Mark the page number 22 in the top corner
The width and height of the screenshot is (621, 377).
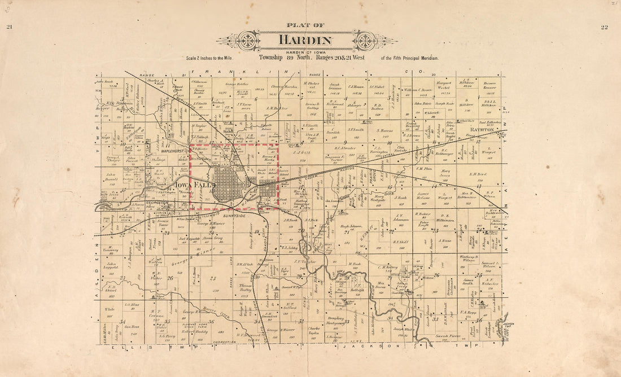[x=605, y=27]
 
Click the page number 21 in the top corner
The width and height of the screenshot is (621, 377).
[x=9, y=27]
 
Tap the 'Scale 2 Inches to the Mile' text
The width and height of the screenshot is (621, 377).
[x=209, y=58]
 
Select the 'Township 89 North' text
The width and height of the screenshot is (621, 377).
[x=281, y=58]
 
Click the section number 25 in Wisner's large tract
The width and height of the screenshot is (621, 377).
[x=213, y=278]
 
